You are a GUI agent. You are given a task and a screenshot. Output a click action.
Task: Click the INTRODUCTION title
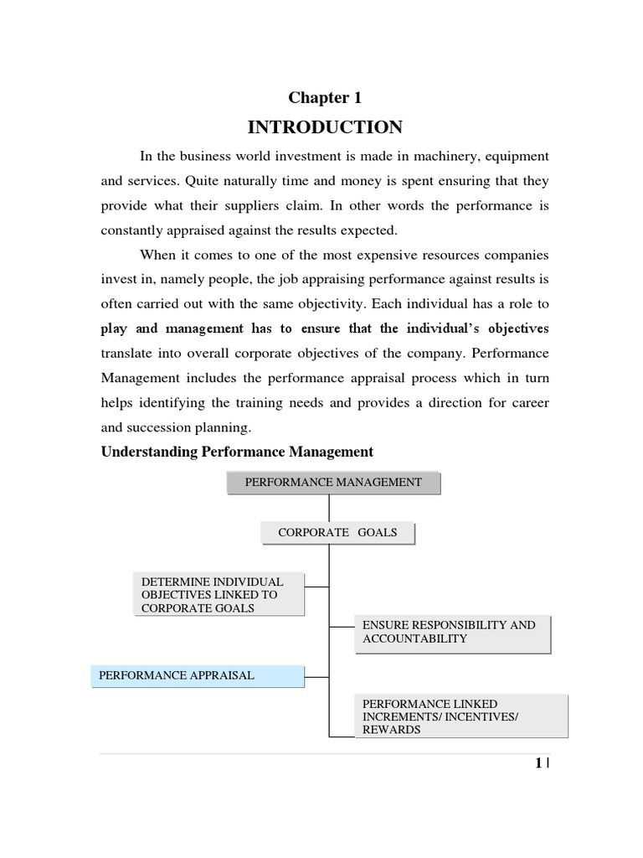click(325, 127)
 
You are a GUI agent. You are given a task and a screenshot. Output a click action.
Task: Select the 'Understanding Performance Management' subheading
click(237, 452)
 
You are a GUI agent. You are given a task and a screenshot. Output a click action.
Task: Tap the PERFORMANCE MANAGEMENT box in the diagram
click(333, 483)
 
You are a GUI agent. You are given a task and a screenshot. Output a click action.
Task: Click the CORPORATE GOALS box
click(337, 532)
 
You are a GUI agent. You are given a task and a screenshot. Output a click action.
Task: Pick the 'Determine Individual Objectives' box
click(219, 594)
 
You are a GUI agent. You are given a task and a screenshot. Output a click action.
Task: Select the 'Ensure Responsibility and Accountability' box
click(452, 632)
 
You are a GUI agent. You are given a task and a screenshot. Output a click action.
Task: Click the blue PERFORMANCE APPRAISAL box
click(198, 675)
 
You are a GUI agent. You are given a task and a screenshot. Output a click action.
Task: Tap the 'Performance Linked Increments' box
click(460, 716)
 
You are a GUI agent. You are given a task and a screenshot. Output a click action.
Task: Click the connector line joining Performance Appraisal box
click(316, 675)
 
